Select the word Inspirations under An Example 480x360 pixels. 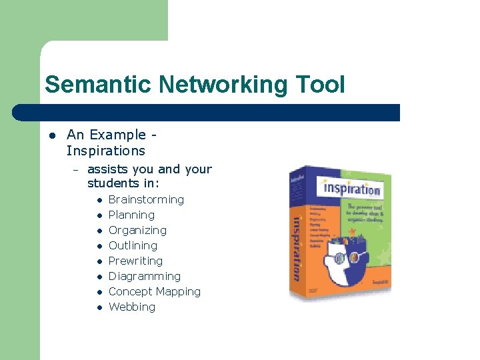[x=105, y=151]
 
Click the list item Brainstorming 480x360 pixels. [x=146, y=199]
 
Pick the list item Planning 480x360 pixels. [x=131, y=215]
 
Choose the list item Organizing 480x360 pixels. [x=137, y=230]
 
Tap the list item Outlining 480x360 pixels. [x=133, y=245]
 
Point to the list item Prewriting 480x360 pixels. [x=135, y=261]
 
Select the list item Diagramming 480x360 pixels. [x=144, y=276]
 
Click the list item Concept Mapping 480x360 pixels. [x=154, y=291]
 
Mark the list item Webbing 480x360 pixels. [x=131, y=307]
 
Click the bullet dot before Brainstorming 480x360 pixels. [x=98, y=200]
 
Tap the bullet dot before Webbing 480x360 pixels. [x=98, y=307]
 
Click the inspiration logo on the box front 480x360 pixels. [x=351, y=187]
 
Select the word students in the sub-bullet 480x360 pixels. [x=110, y=183]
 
